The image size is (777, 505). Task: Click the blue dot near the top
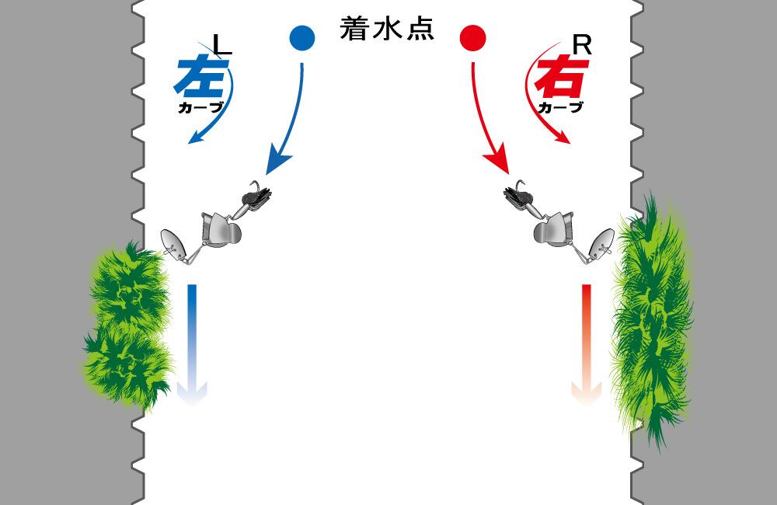tap(301, 37)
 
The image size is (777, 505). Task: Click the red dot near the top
tap(473, 37)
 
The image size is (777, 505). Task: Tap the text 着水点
tap(387, 30)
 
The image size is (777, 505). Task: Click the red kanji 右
tap(558, 78)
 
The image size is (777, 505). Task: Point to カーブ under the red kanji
tap(559, 108)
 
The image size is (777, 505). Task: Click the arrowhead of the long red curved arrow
tap(497, 162)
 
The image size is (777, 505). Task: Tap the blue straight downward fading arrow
tap(191, 342)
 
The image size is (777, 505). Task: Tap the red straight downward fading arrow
tap(587, 342)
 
